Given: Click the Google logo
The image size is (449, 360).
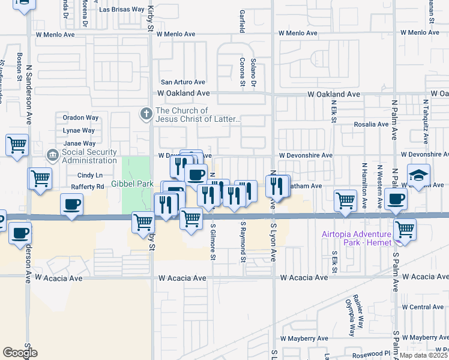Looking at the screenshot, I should (20, 353).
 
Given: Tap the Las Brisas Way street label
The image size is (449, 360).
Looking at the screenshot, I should (122, 10).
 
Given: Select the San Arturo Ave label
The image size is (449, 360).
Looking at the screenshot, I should (182, 82).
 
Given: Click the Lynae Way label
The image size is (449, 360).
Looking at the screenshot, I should (79, 130).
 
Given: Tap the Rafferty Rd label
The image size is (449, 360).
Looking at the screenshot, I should (87, 187).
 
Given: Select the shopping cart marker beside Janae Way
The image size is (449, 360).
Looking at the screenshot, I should (17, 144).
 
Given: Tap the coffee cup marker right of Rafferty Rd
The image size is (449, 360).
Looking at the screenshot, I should (71, 205).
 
